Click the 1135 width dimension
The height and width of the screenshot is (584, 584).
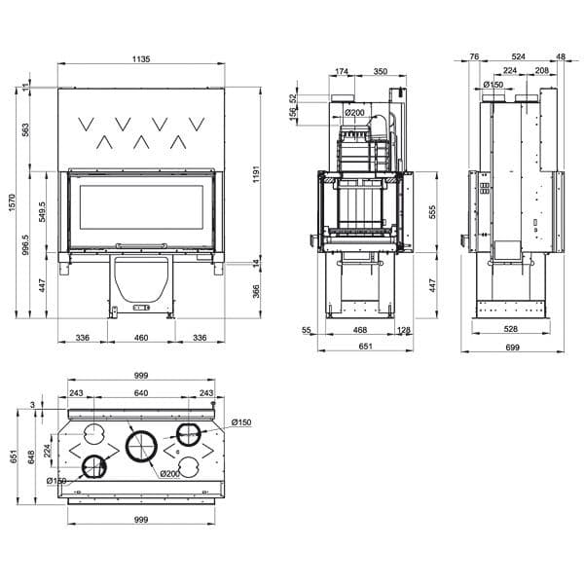click(140, 59)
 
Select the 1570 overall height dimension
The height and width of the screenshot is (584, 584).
click(11, 202)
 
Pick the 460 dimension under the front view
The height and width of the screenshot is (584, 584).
click(140, 338)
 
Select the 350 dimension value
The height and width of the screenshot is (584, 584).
click(380, 72)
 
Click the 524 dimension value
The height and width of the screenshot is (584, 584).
click(518, 57)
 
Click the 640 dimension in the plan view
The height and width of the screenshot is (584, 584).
click(140, 393)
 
